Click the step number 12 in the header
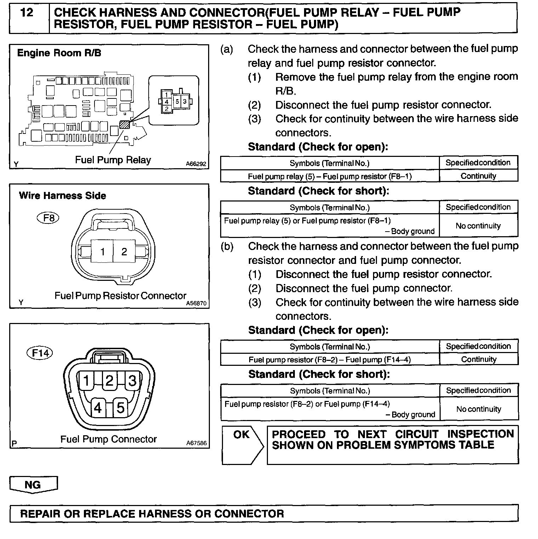27,13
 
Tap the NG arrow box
33,484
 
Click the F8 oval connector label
48,217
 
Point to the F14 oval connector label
40,353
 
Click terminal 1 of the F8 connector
102,251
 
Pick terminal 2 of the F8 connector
124,251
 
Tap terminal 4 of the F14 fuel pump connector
98,408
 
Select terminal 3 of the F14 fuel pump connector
132,381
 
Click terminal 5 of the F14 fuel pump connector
120,408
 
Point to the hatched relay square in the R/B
125,124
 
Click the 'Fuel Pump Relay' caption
113,160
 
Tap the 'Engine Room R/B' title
59,53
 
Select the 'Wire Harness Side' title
63,196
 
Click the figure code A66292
196,164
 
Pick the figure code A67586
196,443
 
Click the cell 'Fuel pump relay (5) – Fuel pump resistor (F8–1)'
330,176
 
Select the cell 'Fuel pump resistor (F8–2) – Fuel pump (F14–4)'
330,360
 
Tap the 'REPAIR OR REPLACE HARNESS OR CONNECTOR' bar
152,514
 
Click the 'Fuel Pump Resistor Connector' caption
120,296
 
